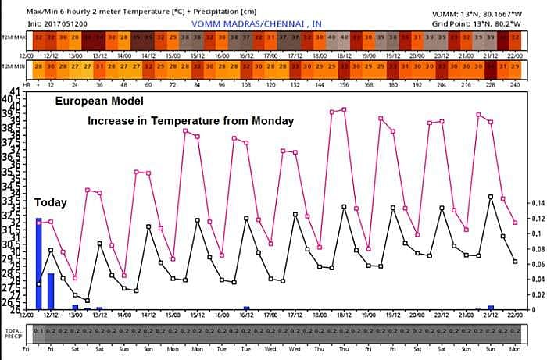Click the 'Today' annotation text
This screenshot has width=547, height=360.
pyautogui.click(x=49, y=202)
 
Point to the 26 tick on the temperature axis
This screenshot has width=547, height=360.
pyautogui.click(x=15, y=309)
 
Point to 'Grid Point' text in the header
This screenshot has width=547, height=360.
pyautogui.click(x=451, y=23)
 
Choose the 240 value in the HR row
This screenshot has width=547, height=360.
pyautogui.click(x=515, y=84)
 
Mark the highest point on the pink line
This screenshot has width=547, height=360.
pyautogui.click(x=344, y=109)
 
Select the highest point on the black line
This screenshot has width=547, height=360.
pyautogui.click(x=491, y=197)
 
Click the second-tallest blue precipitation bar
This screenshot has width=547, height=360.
pyautogui.click(x=51, y=291)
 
